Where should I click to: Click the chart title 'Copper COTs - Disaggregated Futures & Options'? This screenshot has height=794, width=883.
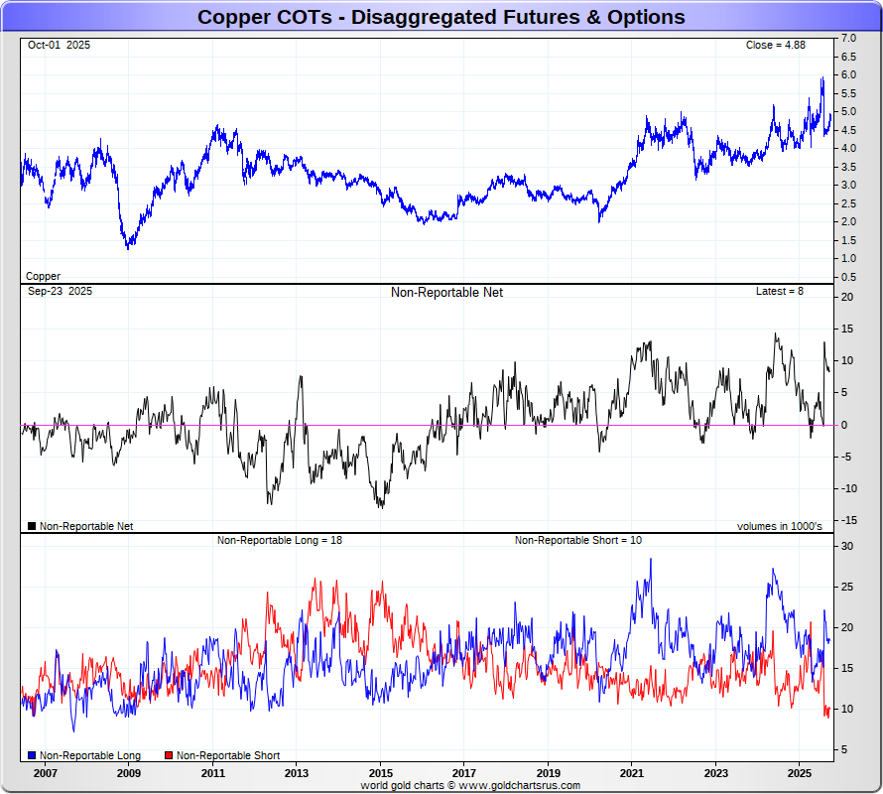441,17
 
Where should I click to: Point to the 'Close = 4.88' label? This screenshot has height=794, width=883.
777,45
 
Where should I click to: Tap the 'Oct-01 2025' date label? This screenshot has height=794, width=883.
59,45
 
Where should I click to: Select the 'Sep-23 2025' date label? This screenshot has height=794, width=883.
60,292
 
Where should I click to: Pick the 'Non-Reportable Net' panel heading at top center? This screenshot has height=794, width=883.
446,292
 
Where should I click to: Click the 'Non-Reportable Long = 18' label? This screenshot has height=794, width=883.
280,540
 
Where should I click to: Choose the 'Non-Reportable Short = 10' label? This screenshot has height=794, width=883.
578,540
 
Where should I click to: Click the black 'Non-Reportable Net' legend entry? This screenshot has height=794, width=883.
86,526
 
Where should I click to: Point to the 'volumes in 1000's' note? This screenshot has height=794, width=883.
779,526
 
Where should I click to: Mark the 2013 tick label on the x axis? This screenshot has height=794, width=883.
297,772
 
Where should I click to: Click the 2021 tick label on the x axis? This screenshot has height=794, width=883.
633,772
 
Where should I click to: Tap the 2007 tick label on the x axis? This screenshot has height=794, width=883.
45,772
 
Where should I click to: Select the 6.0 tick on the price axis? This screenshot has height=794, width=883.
849,74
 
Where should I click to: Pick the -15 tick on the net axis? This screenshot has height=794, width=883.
848,520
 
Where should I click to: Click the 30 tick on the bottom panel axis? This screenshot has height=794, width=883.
848,546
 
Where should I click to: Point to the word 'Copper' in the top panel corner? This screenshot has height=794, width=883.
43,276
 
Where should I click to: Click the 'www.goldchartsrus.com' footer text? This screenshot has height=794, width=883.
519,785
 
